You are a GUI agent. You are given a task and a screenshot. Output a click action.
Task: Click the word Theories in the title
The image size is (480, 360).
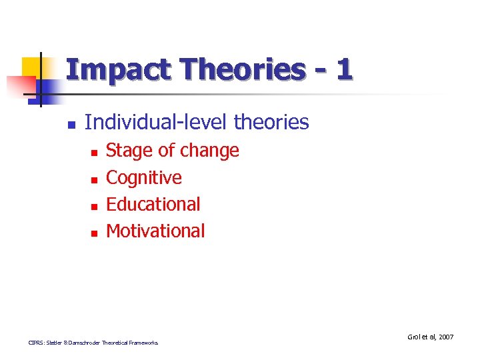237,70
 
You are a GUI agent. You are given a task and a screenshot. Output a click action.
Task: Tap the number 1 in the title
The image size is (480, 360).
344,70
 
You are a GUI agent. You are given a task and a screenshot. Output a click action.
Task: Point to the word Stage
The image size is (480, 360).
129,151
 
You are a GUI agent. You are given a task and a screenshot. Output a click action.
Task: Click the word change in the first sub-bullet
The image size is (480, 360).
209,151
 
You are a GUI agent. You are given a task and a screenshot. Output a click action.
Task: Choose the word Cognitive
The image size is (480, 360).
144,177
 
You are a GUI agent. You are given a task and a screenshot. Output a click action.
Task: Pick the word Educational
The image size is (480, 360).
153,204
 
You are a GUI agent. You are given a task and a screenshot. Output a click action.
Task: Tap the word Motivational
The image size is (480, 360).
156,231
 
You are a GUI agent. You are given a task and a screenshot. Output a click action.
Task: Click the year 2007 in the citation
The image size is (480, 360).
445,337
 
